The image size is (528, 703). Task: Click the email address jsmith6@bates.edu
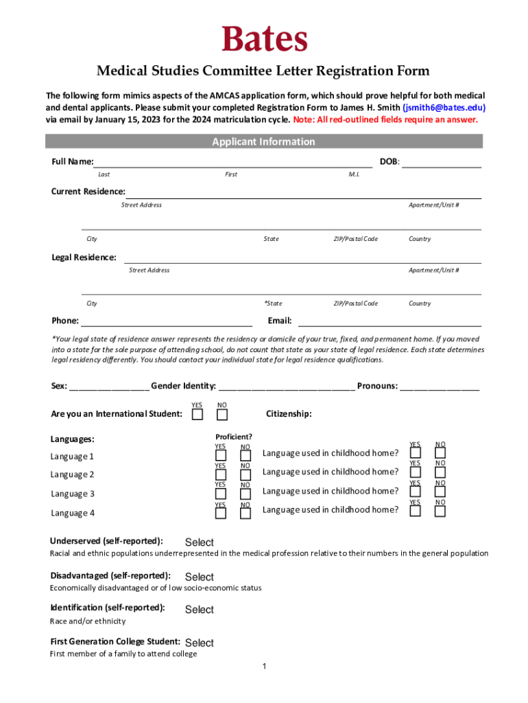pyautogui.click(x=444, y=108)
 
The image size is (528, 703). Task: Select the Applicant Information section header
pyautogui.click(x=264, y=141)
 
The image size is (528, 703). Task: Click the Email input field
pyautogui.click(x=389, y=321)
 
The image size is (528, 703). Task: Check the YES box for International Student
pyautogui.click(x=197, y=415)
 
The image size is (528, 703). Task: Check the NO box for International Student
pyautogui.click(x=222, y=415)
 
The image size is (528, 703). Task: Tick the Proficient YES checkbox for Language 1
pyautogui.click(x=221, y=456)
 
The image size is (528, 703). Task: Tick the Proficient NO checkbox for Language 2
pyautogui.click(x=245, y=475)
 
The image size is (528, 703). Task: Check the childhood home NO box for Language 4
pyautogui.click(x=440, y=511)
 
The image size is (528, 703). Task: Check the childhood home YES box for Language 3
pyautogui.click(x=415, y=492)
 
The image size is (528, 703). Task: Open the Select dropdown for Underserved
pyautogui.click(x=200, y=542)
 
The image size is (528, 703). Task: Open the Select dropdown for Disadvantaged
pyautogui.click(x=200, y=577)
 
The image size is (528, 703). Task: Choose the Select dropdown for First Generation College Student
pyautogui.click(x=200, y=643)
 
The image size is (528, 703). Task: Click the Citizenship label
pyautogui.click(x=289, y=414)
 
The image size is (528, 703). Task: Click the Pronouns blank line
pyautogui.click(x=440, y=387)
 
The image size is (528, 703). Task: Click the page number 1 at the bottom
pyautogui.click(x=265, y=667)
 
